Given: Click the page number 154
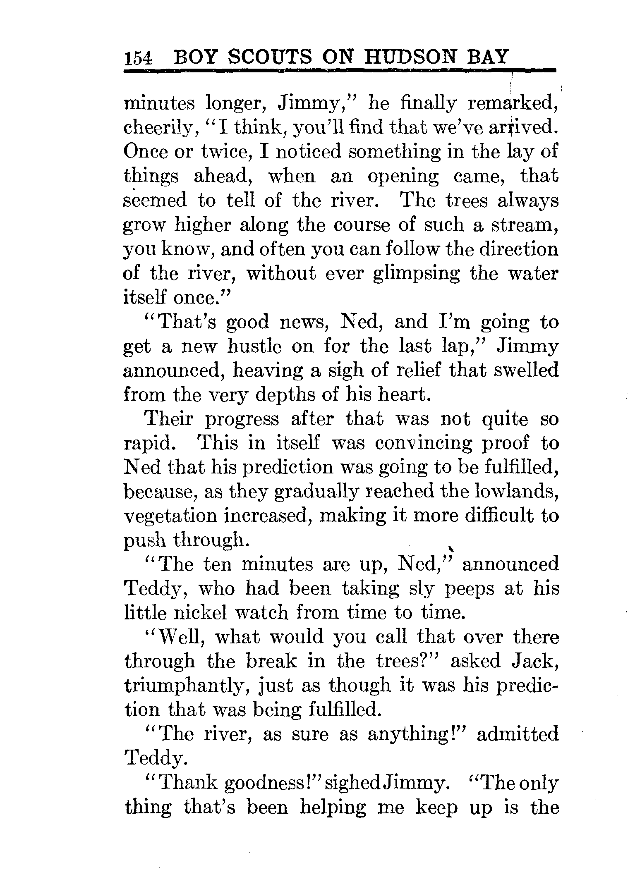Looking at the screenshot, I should pos(138,58).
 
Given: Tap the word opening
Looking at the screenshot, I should pos(403,177).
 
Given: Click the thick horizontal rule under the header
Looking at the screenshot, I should pos(339,71).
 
